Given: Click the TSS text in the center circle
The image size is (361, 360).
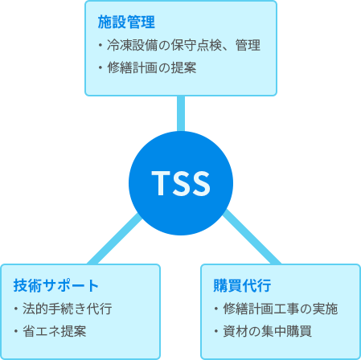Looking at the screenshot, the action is pyautogui.click(x=181, y=183).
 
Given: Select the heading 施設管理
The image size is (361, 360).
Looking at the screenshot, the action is pyautogui.click(x=126, y=22).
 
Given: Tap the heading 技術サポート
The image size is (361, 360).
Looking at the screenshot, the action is pyautogui.click(x=56, y=285).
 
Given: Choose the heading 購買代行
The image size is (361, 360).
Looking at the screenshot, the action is pyautogui.click(x=242, y=285).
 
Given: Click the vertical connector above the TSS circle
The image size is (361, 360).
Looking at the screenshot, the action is pyautogui.click(x=181, y=113).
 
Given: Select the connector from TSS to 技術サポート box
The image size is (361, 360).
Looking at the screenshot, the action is pyautogui.click(x=115, y=239).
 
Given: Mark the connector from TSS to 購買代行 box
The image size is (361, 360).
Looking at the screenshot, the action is pyautogui.click(x=252, y=237).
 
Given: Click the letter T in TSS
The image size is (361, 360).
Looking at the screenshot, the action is pyautogui.click(x=161, y=183).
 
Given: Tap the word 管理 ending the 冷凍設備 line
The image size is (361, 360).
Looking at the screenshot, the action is pyautogui.click(x=248, y=45).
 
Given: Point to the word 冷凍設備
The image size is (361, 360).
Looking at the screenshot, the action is pyautogui.click(x=133, y=45).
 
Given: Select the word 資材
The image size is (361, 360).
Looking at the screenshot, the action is pyautogui.click(x=236, y=331).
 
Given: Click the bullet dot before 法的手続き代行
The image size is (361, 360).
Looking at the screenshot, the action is pyautogui.click(x=16, y=309).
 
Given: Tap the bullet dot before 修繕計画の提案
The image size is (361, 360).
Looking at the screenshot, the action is pyautogui.click(x=101, y=67).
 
